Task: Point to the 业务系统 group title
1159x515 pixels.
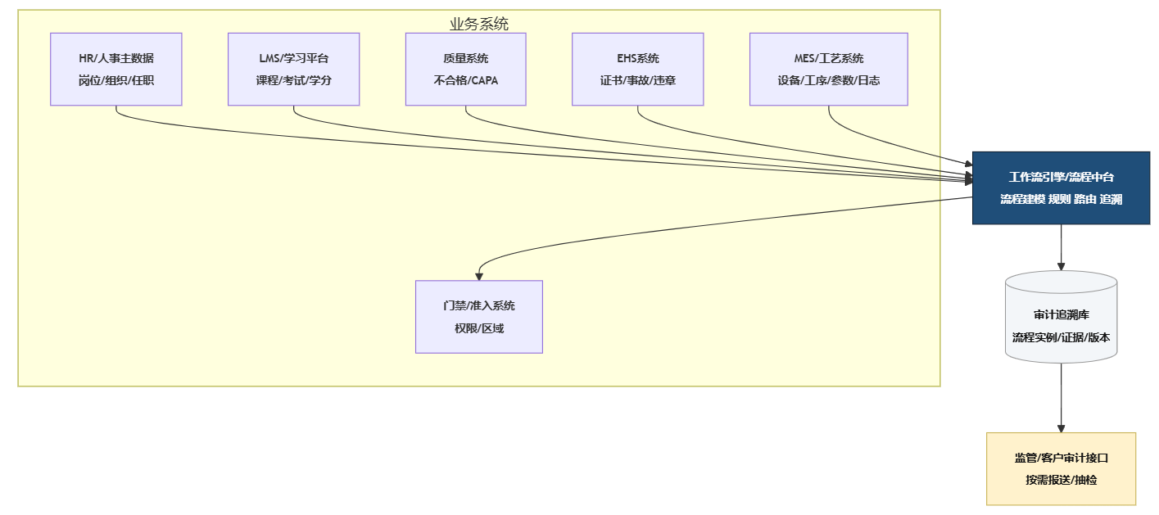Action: tap(478, 24)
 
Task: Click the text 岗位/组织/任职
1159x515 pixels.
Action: tap(115, 81)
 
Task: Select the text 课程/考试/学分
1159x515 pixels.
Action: tap(293, 81)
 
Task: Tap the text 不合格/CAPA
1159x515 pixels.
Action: tap(465, 81)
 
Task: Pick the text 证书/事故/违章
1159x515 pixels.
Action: tap(637, 81)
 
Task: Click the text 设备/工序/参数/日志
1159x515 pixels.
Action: tap(828, 81)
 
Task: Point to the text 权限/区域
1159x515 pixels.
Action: tap(478, 328)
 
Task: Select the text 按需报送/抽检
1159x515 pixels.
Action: tap(1061, 480)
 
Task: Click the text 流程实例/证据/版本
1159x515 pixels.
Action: tap(1061, 337)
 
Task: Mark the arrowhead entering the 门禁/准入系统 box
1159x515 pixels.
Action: tap(479, 277)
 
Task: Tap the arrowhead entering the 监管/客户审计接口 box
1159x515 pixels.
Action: tap(1061, 428)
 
